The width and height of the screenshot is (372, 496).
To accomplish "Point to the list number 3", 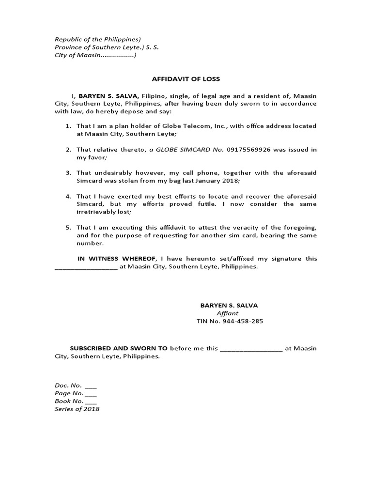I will point(69,173).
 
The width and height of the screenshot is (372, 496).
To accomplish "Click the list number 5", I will point(69,228).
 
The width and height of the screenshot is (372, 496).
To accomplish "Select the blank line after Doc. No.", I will point(91,386).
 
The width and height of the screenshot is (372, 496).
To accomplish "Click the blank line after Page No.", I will point(91,394).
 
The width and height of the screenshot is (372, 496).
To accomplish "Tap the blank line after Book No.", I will point(91,402).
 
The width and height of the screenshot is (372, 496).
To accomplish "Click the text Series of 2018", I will point(77,409).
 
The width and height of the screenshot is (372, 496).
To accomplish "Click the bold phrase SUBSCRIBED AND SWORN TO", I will point(119,348).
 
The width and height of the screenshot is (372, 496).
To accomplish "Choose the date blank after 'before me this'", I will point(251,349).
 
